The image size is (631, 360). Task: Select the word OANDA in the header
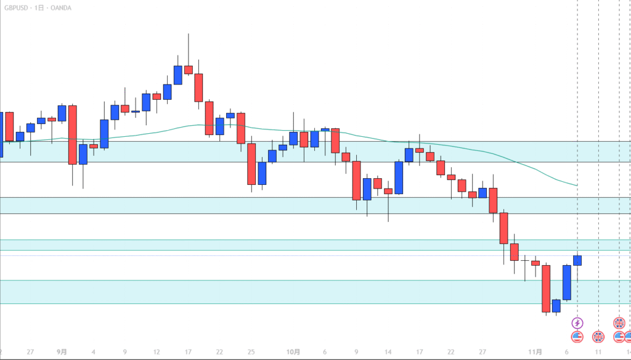click(62, 7)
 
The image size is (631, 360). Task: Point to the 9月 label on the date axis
click(62, 352)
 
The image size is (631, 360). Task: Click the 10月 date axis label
click(293, 352)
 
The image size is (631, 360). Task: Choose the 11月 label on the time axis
click(535, 352)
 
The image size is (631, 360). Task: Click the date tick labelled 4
click(93, 352)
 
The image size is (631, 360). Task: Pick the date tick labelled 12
click(157, 352)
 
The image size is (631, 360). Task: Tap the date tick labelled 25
click(251, 352)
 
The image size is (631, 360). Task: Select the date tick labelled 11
click(598, 352)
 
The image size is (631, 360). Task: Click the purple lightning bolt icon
click(577, 323)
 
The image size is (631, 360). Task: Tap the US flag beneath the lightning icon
click(577, 337)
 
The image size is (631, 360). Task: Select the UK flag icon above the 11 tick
click(598, 337)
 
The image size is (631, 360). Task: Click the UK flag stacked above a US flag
click(619, 323)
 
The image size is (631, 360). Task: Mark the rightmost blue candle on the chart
click(577, 260)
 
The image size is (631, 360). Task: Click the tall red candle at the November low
click(545, 288)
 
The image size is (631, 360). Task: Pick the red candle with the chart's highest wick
click(188, 70)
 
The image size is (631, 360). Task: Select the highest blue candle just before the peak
click(178, 75)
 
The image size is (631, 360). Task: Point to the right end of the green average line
click(577, 185)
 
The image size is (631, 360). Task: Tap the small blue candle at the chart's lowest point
click(556, 306)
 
